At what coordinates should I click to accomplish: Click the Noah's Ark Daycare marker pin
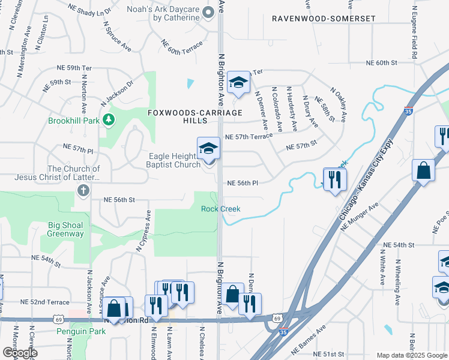point(208,12)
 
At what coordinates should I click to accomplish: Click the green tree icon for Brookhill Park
point(109,120)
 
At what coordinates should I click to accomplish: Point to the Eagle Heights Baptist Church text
point(174,160)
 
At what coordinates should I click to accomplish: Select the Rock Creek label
point(220,209)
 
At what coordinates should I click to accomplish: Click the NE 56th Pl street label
point(242,184)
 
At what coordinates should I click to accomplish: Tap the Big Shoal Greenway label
point(66,230)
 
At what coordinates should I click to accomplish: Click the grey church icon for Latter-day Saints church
point(83,191)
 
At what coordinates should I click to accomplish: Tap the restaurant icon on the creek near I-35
point(334,179)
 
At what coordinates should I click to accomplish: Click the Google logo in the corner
point(20,353)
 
